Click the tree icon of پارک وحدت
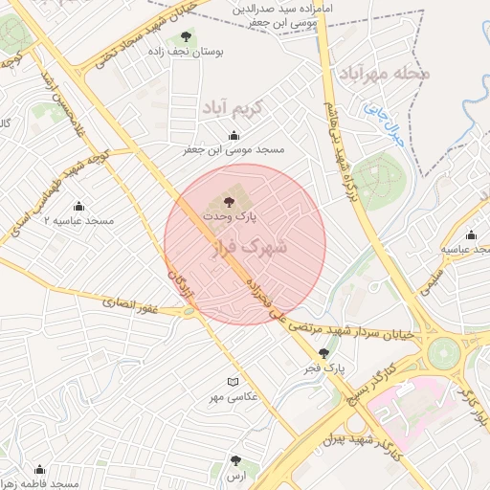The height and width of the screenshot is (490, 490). pos(229,201)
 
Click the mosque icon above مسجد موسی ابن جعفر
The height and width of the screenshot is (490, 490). pos(234,135)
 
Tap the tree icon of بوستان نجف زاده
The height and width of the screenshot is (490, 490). pos(186,37)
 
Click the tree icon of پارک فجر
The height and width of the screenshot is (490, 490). pos(323,353)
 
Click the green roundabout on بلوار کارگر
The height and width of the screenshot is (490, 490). pos(444,352)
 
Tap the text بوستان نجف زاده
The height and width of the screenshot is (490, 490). pos(194,53)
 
